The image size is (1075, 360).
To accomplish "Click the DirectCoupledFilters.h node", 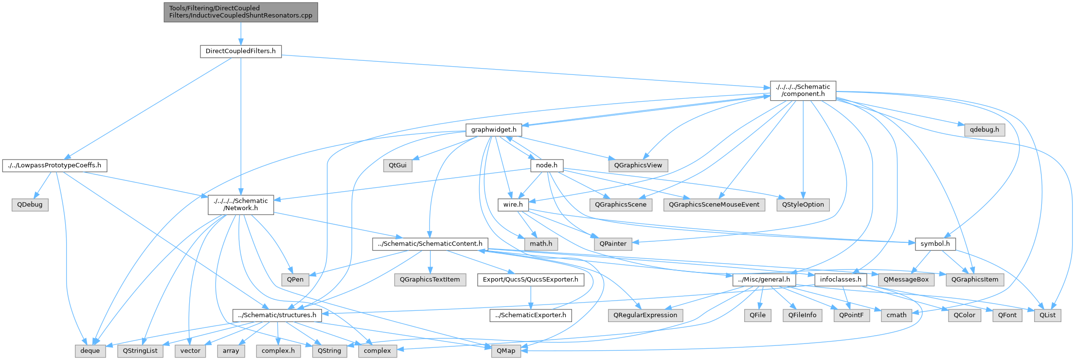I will point(240,51).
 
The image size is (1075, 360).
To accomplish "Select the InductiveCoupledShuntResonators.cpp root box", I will point(240,12).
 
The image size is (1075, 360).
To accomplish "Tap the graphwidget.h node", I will point(493,130).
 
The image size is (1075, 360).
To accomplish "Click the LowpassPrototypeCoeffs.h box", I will point(54,165).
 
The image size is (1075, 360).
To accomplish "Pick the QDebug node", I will point(30,205).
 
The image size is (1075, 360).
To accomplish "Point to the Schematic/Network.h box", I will point(240,204).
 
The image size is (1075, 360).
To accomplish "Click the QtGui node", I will point(397,165).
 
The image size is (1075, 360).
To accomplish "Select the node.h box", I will point(546,165).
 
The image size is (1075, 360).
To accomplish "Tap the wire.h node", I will point(513,205).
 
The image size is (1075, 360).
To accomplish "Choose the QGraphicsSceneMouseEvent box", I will point(714,205).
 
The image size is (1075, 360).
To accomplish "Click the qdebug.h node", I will point(984,130).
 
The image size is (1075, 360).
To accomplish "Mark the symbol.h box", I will point(935,244).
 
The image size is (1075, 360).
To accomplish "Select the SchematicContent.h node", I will point(430,244).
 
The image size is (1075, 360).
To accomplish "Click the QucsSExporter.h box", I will point(530,280).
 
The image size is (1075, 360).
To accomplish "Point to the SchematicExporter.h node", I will point(530,315).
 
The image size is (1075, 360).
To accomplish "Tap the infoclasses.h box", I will point(840,280).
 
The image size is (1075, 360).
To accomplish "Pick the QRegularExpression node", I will point(645,315).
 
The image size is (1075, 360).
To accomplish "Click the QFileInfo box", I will point(802,315).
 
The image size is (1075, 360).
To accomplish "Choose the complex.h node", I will point(278,351).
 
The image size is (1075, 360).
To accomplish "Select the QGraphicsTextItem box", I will point(430,280).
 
